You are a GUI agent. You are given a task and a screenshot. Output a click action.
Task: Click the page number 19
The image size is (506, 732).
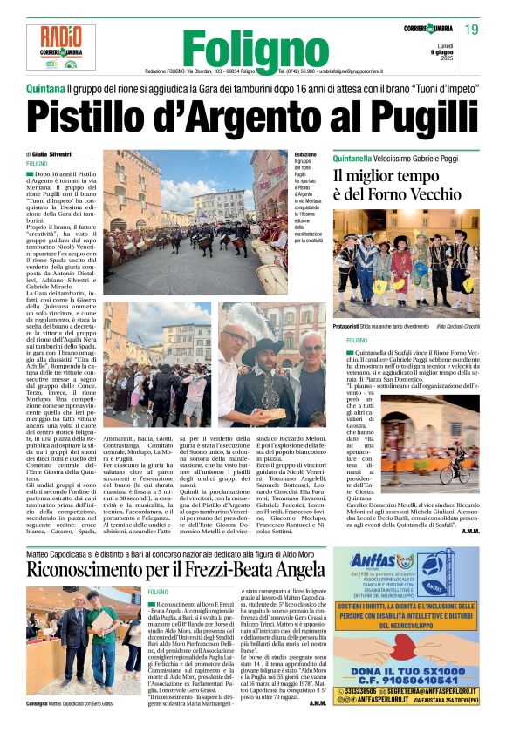click(472, 30)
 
